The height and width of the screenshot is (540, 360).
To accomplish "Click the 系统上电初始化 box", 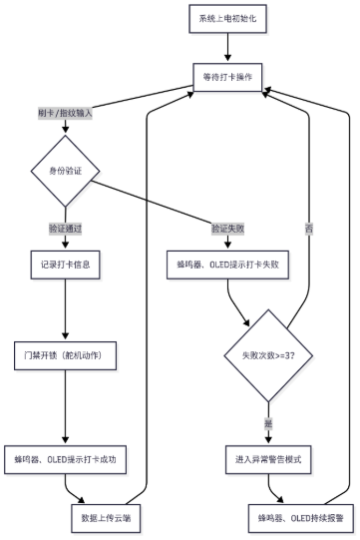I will coord(231,19).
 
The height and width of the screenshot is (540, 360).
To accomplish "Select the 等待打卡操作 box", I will coord(231,76).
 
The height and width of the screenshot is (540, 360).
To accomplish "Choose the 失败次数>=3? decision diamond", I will coord(267,354).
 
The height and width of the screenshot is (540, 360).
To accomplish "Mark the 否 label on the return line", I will coord(308,229).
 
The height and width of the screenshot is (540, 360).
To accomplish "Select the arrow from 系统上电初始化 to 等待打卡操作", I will coord(231,47).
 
